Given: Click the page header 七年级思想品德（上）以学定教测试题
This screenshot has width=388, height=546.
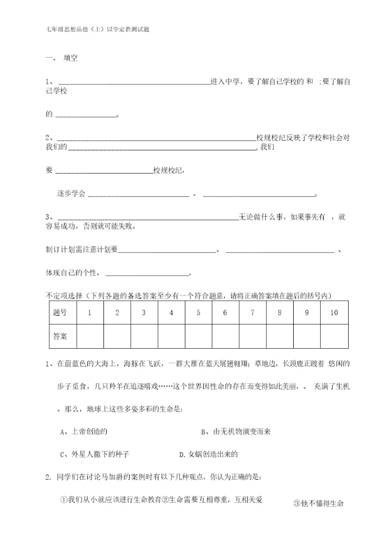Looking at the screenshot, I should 98,30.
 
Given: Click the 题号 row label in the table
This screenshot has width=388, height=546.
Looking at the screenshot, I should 60,313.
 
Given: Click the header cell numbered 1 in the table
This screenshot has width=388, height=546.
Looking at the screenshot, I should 90,313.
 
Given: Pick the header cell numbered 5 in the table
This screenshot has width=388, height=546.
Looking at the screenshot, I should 198,313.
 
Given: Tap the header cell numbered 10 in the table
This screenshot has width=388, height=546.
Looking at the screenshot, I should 334,313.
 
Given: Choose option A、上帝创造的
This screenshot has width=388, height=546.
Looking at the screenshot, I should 85,432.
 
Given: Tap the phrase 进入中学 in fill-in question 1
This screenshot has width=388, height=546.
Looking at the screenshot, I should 225,82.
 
